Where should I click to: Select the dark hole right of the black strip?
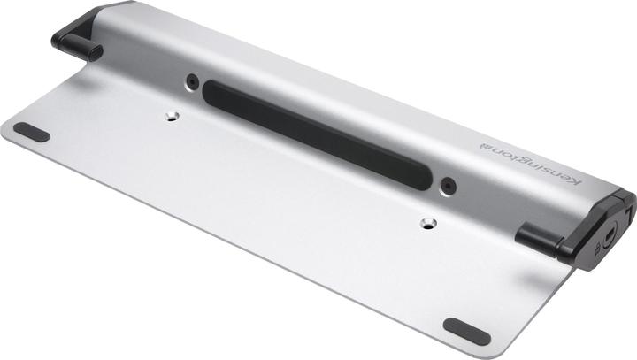click(449, 187)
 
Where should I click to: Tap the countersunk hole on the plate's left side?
click(171, 115)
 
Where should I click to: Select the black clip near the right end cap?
click(543, 236)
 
